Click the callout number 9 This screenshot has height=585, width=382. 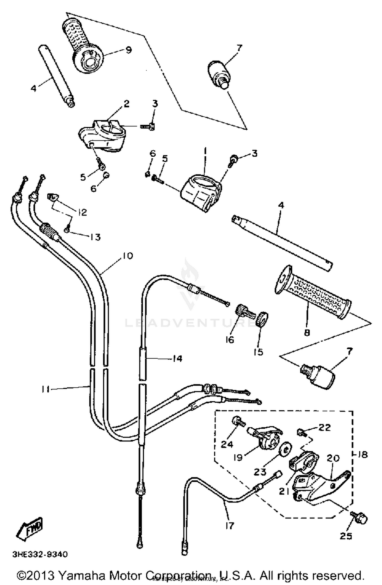click(129, 50)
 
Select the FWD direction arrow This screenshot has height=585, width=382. click(30, 527)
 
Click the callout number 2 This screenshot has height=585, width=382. click(127, 104)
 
